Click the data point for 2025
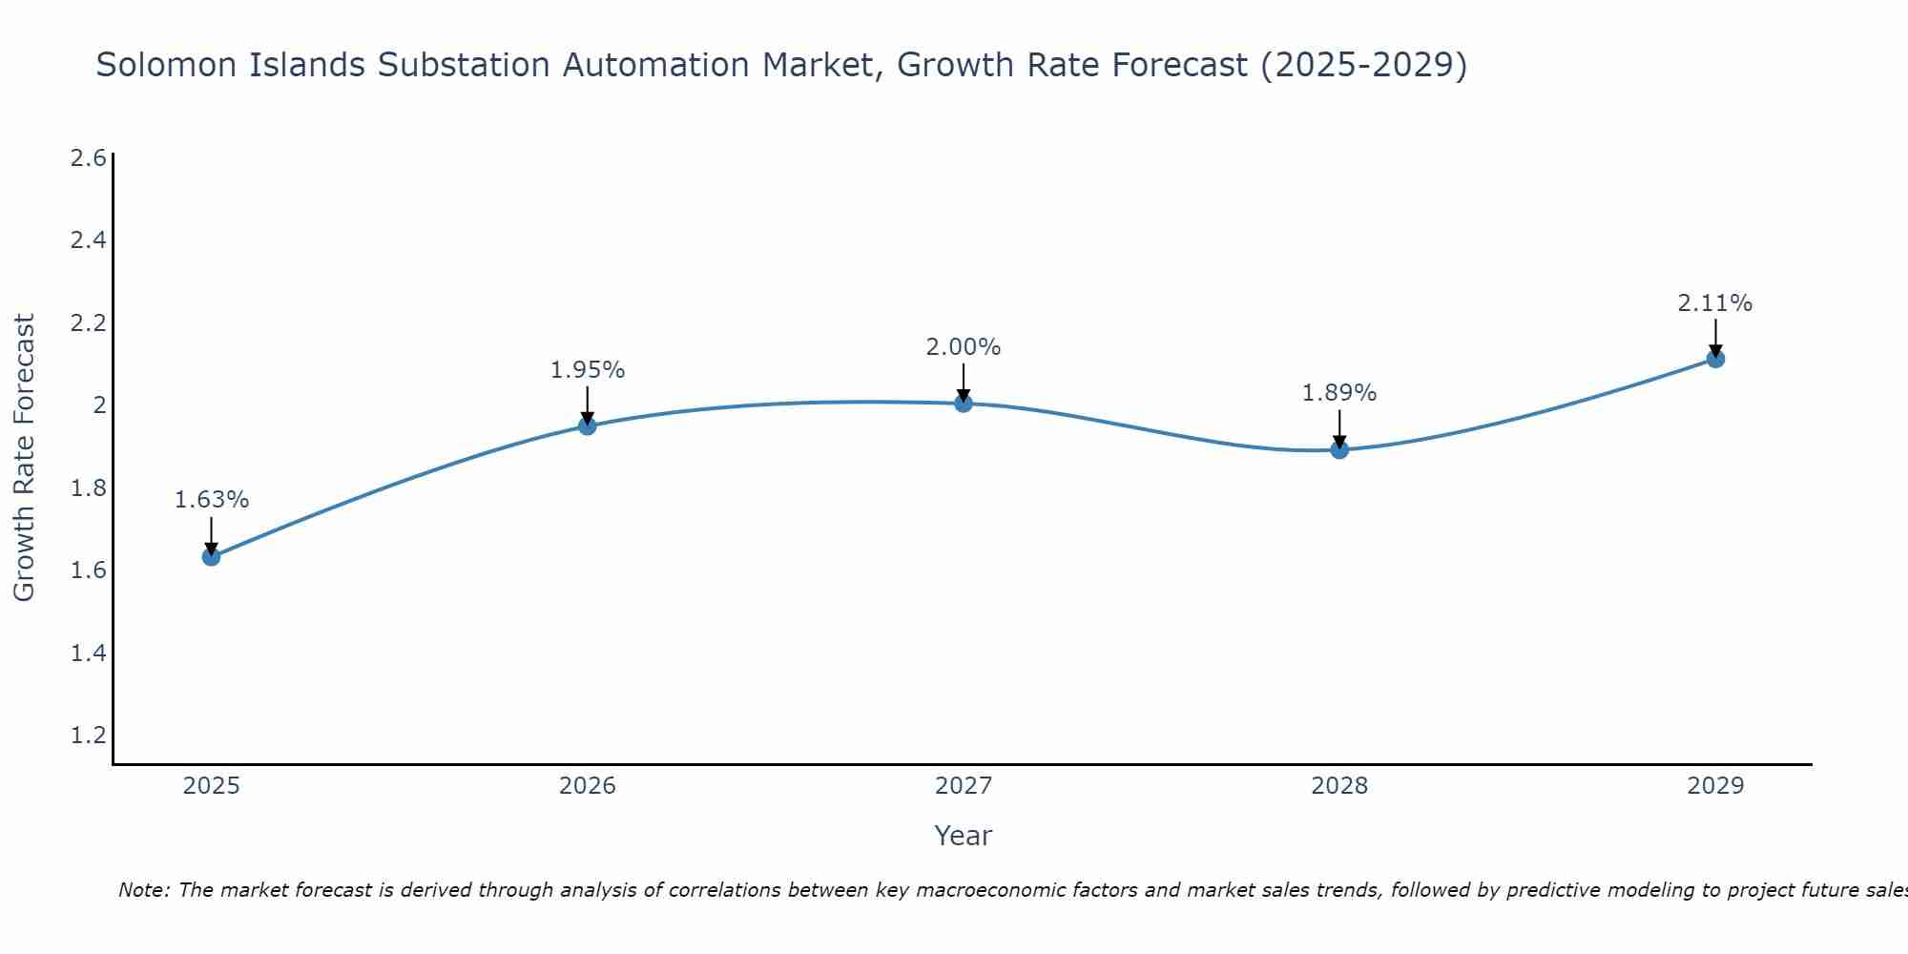point(211,556)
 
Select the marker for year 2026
point(588,425)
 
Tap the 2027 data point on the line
point(964,404)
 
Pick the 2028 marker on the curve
point(1339,449)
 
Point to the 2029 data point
point(1715,359)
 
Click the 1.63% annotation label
point(212,500)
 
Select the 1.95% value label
point(588,370)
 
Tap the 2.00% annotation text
point(964,347)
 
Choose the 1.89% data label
point(1339,393)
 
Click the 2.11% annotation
point(1715,303)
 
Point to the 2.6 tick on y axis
point(88,158)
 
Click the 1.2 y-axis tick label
point(88,736)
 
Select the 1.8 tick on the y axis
point(88,488)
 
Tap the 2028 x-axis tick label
point(1339,786)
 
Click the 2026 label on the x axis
point(588,786)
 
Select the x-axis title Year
point(964,836)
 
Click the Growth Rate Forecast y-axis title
point(24,458)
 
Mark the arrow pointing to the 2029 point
point(1715,337)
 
